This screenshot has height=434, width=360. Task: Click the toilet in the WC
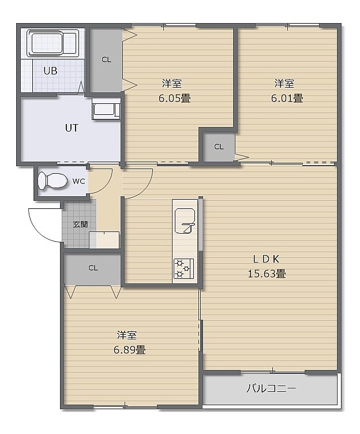coord(52,181)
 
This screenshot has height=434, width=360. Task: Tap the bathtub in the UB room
coord(53,43)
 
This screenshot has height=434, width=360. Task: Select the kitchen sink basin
coord(185,221)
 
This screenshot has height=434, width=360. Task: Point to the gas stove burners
coord(183,268)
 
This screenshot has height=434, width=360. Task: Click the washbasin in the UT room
coord(106,109)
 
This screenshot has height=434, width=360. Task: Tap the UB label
coord(50,71)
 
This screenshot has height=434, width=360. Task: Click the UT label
coord(72,128)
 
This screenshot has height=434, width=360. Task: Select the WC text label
coord(78,181)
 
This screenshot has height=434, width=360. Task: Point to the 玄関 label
coord(81,224)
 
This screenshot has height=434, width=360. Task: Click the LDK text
coord(266,259)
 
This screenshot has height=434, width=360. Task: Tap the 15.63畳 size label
coord(267,274)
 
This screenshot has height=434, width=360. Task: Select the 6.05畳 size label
coord(174,98)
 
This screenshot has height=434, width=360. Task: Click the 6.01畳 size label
coord(287,98)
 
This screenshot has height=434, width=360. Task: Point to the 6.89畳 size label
coord(129,350)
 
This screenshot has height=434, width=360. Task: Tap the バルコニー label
coord(271,388)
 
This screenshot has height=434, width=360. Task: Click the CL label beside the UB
coord(106,59)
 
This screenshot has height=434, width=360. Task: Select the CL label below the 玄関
coord(93,268)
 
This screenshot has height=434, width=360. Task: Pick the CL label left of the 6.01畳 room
coord(219,147)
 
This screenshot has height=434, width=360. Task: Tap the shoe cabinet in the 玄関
coord(104,240)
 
